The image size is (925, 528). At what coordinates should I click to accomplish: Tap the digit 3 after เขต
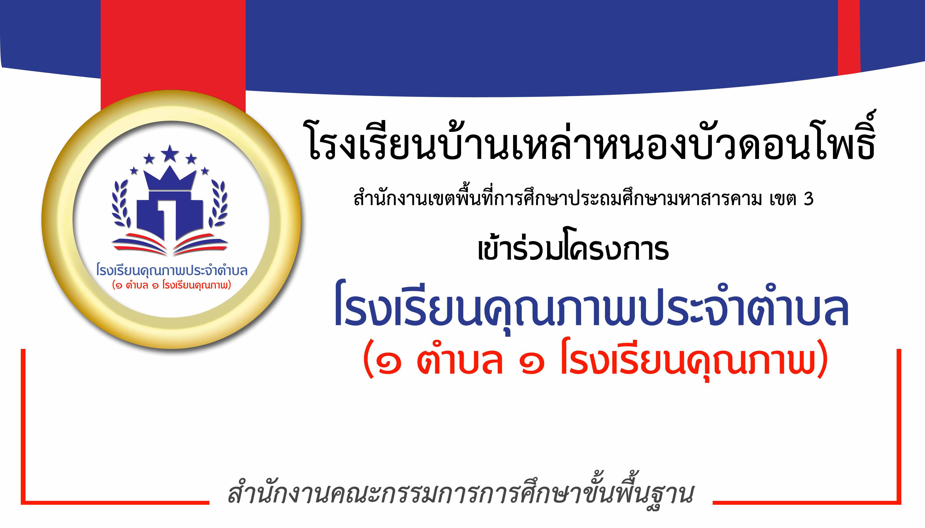tap(808, 199)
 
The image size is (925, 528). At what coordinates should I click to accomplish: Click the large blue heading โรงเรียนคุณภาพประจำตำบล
tap(592, 308)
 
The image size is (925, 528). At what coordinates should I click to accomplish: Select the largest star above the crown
tap(170, 153)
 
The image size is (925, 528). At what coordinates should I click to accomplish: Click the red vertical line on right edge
tap(899, 426)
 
